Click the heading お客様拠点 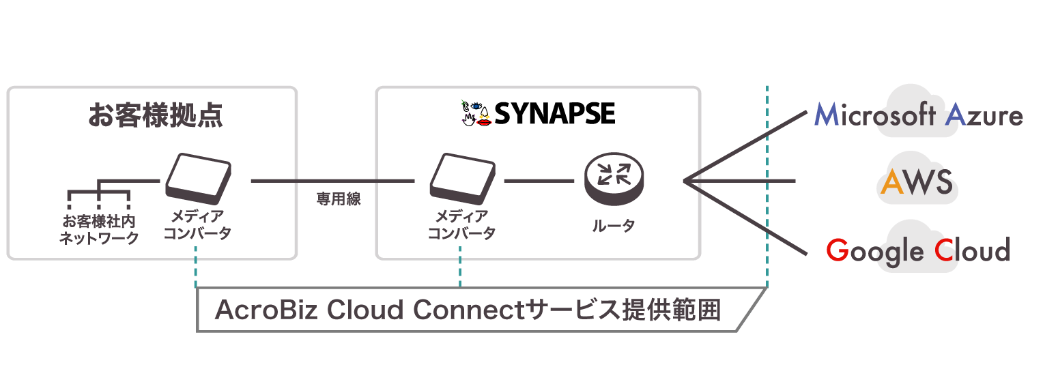pos(156,115)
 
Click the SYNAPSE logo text pos(554,114)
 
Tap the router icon pos(614,178)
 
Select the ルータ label pos(614,226)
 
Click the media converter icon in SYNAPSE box pos(463,179)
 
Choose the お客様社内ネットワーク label pos(99,229)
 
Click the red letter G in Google pos(837,251)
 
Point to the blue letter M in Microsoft pos(828,116)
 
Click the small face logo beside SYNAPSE pos(475,113)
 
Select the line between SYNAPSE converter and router pos(539,181)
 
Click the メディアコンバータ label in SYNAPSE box pos(461,225)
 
